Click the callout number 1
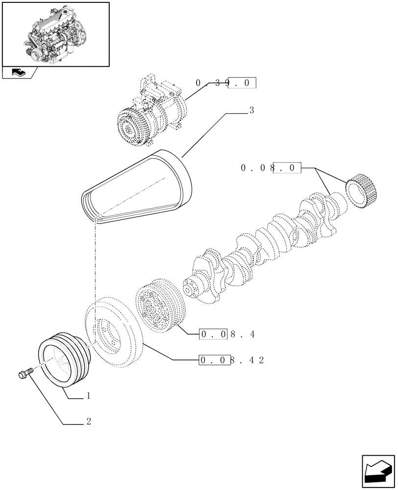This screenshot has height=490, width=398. coord(88,395)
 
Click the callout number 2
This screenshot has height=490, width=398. coord(89,421)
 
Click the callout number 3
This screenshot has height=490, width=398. coord(251,111)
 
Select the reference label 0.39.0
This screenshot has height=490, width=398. coord(226,84)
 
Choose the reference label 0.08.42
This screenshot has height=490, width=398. coord(232,361)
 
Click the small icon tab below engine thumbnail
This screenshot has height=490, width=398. coord(19,73)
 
